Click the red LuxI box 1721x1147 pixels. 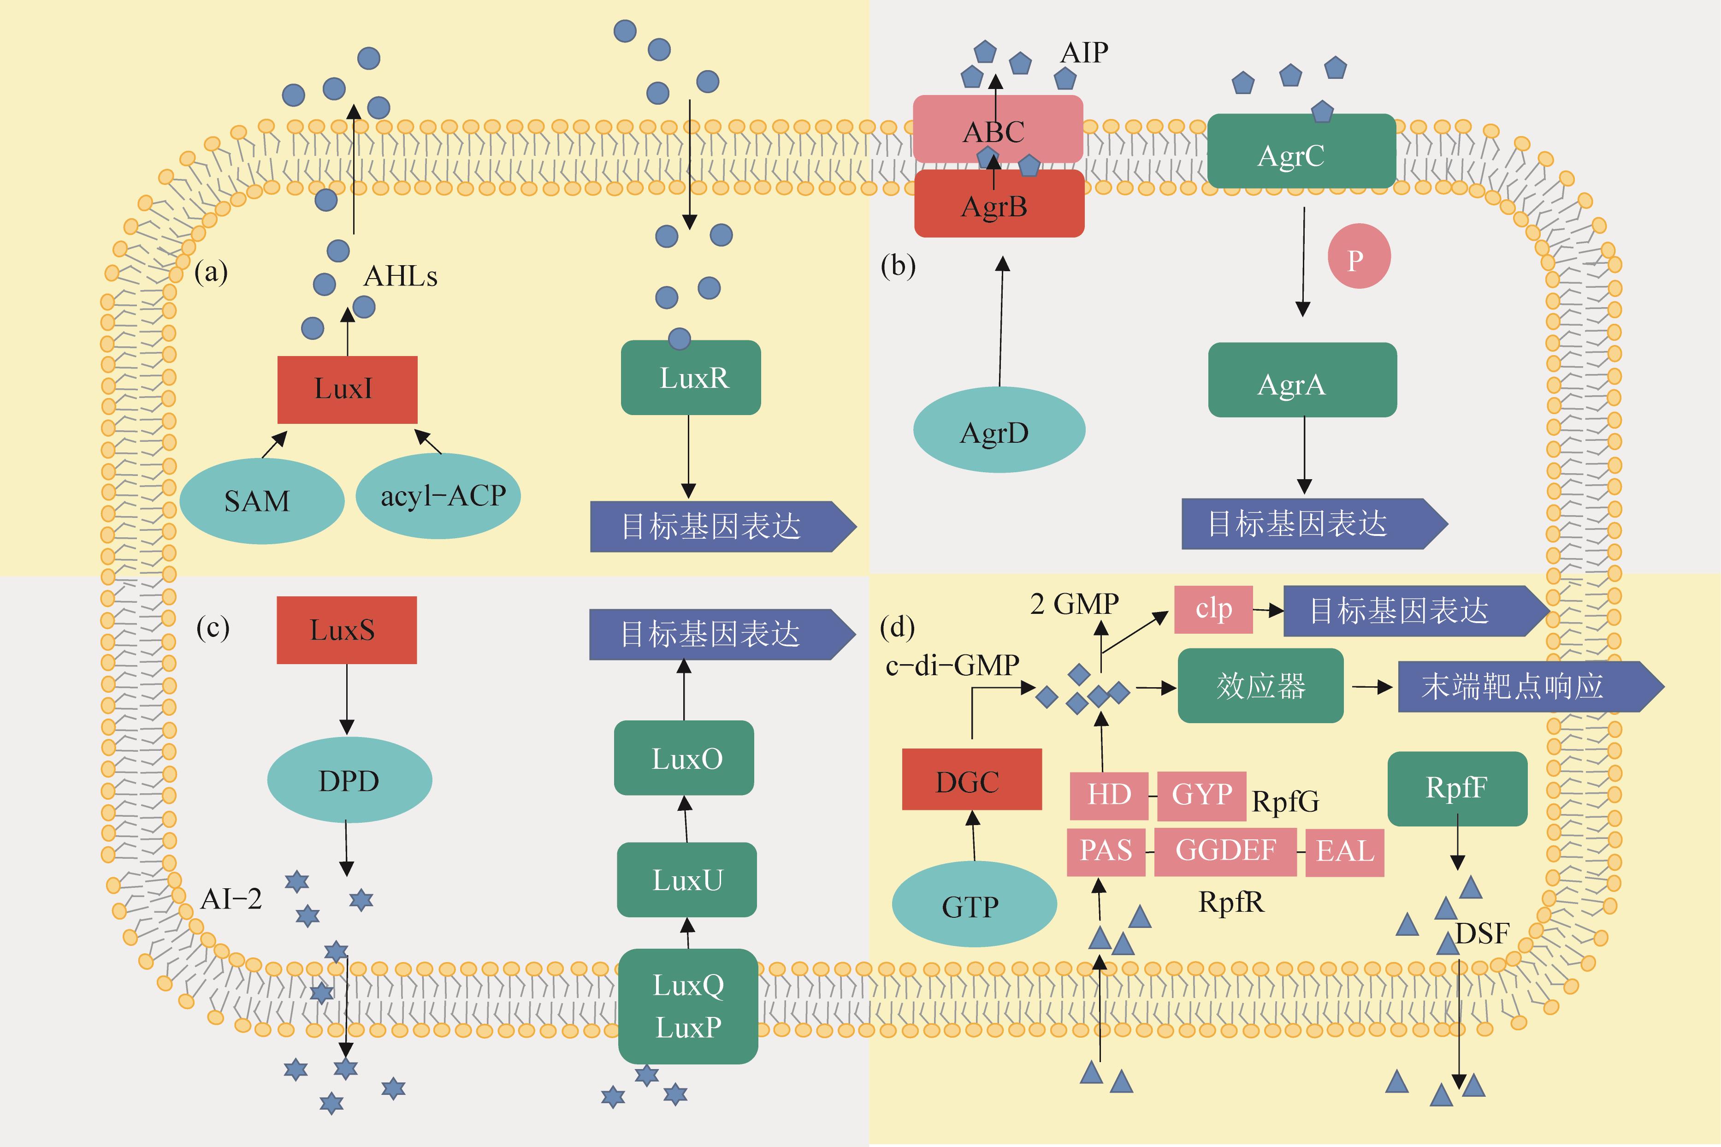pyautogui.click(x=347, y=389)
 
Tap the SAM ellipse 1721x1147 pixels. pyautogui.click(x=261, y=501)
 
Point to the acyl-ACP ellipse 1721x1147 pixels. pyautogui.click(x=438, y=496)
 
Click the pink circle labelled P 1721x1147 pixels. pyautogui.click(x=1358, y=257)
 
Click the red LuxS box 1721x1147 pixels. pyautogui.click(x=347, y=630)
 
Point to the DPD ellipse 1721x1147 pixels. pyautogui.click(x=349, y=780)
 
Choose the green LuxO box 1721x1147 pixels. pyautogui.click(x=684, y=758)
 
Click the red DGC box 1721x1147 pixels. pyautogui.click(x=972, y=780)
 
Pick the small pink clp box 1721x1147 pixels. pyautogui.click(x=1213, y=609)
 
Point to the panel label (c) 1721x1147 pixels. pyautogui.click(x=213, y=628)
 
